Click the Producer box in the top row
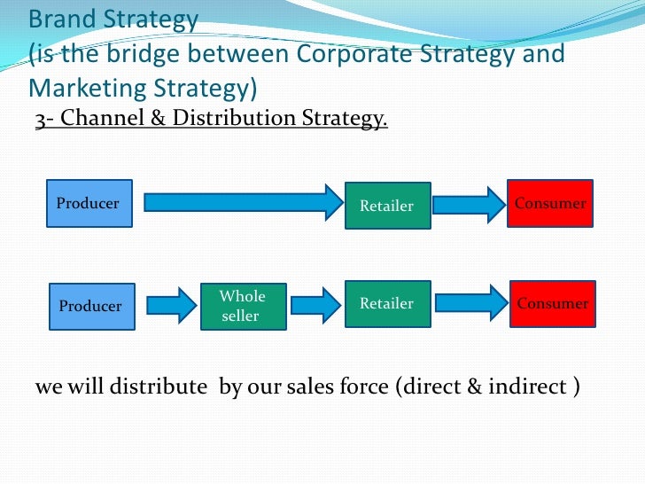[89, 203]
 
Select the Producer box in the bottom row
[90, 307]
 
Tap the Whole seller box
[243, 306]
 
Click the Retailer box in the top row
[387, 206]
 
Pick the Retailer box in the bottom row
[387, 304]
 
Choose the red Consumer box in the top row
[550, 203]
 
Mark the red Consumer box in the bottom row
[553, 304]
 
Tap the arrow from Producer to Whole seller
[170, 306]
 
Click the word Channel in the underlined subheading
[100, 119]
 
